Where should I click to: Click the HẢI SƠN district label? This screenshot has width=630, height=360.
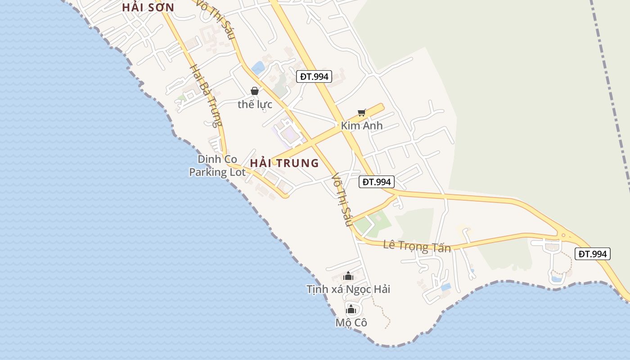point(148,8)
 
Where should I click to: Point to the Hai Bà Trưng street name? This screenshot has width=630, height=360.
point(206,95)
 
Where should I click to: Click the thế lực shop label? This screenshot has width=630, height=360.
point(255,104)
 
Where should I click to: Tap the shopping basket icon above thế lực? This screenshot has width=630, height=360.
point(255,91)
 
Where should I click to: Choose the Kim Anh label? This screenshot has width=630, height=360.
point(361,126)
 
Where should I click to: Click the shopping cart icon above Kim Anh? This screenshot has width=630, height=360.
point(361,112)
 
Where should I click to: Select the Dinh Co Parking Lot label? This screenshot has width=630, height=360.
point(217,166)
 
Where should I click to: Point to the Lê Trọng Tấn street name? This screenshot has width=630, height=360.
point(417,246)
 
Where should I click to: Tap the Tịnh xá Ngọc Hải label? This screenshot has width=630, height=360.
point(348,289)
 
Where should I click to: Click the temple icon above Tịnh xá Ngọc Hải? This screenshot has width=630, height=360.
point(348,276)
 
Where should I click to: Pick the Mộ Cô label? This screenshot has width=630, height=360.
point(351,323)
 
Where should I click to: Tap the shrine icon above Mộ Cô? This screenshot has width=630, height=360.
point(351,309)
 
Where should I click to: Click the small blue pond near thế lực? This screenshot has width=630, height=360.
point(258,68)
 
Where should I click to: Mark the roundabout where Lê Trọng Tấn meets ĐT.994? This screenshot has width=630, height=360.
point(563,234)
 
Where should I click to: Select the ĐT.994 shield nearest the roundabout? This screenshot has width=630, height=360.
point(593,254)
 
